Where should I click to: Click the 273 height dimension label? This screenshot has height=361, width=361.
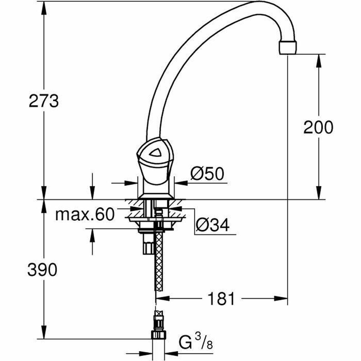coord(44,101)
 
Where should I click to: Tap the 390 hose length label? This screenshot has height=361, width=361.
coord(42,270)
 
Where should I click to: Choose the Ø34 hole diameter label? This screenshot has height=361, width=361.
coord(212,224)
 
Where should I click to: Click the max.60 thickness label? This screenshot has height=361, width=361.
coord(85,215)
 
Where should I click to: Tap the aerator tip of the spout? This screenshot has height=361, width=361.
coord(288,48)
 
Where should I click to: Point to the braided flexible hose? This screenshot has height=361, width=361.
coord(158,265)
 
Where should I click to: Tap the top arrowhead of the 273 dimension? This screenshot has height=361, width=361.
coord(44,8)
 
